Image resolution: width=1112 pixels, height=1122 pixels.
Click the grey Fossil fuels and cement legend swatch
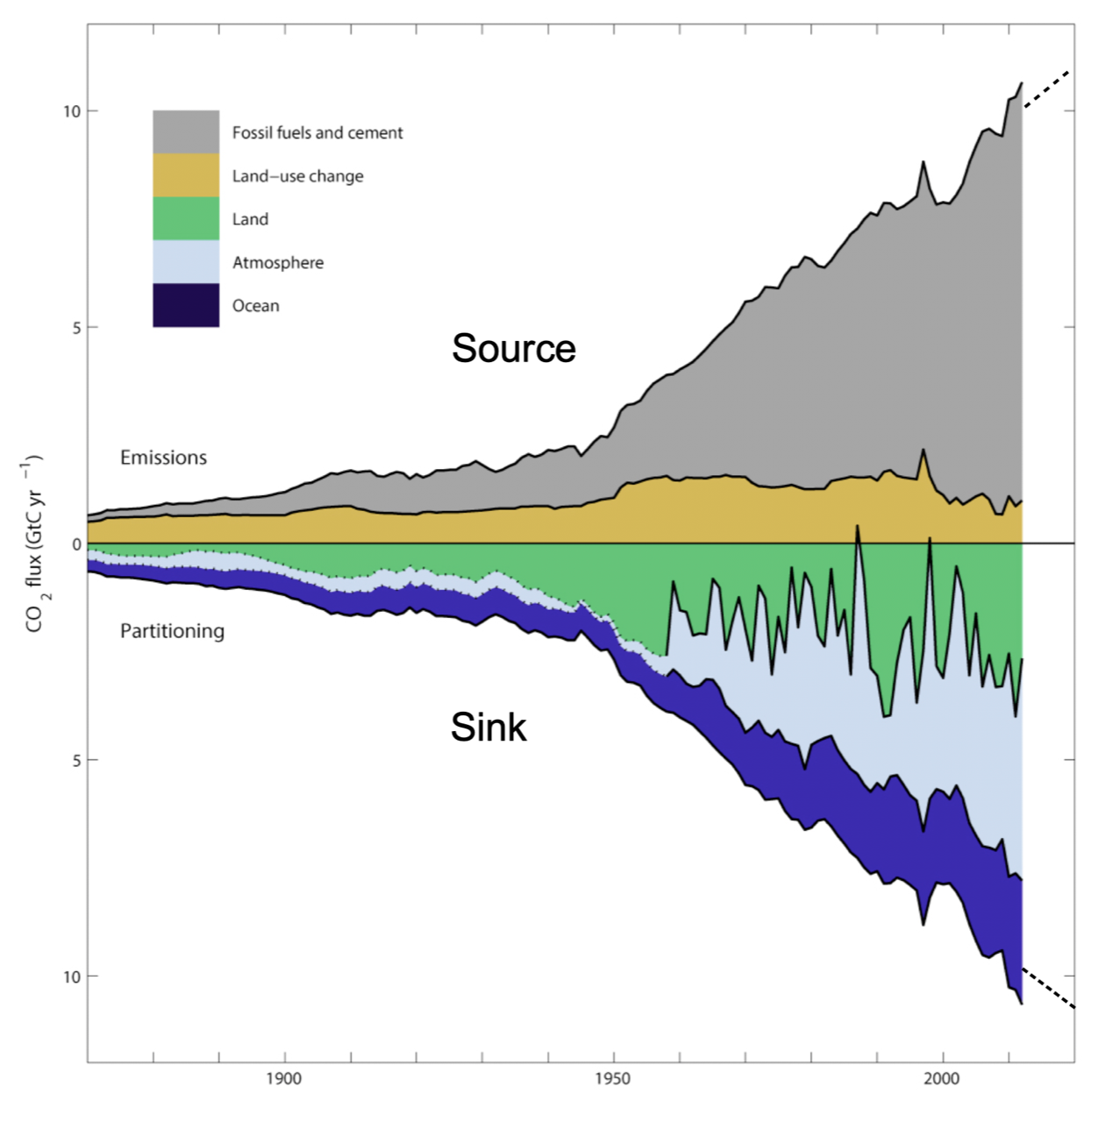click(x=186, y=131)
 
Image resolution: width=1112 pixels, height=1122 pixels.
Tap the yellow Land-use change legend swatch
click(x=186, y=175)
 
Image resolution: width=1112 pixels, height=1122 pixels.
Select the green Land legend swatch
click(x=186, y=218)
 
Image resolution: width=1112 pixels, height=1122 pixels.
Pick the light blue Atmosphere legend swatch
click(x=186, y=261)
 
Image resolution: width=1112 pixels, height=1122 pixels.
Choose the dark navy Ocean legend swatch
click(x=186, y=305)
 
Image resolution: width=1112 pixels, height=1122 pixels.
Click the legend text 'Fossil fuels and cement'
click(x=317, y=132)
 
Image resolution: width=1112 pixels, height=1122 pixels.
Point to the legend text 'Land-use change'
click(x=297, y=176)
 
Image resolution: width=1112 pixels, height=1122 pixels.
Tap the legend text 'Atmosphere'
click(x=278, y=262)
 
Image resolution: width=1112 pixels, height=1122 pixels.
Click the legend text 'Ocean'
click(x=256, y=306)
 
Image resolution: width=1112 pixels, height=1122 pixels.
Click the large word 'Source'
click(x=514, y=348)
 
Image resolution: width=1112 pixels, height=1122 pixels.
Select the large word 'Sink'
click(x=488, y=727)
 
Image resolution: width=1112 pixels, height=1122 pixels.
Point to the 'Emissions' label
click(x=164, y=458)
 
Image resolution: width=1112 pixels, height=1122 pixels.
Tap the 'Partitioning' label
click(x=173, y=631)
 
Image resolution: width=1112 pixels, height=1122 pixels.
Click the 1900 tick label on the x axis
click(x=283, y=1078)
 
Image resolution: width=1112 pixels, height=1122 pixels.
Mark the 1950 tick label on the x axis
click(x=612, y=1078)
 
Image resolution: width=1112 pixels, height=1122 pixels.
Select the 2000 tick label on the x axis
click(x=942, y=1078)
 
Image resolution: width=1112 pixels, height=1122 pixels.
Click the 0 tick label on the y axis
click(x=76, y=544)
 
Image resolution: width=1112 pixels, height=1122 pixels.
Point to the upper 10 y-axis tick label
click(x=71, y=111)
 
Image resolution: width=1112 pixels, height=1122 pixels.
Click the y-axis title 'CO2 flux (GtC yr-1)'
click(x=34, y=543)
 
